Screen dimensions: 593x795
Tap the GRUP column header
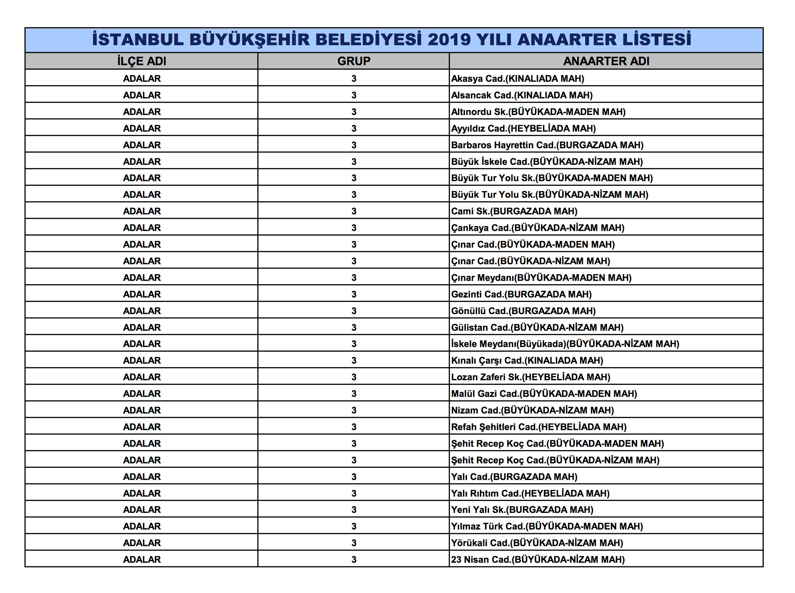354,61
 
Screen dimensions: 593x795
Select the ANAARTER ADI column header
606,61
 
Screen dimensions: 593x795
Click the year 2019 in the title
449,40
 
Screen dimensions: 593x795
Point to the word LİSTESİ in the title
656,40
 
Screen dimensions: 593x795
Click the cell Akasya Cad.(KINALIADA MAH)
517,78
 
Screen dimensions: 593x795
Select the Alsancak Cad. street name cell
522,95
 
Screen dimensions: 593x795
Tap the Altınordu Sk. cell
538,112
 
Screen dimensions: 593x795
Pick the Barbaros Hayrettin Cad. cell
547,145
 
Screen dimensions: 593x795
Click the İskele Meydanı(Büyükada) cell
565,344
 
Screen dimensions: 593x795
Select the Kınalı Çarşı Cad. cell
527,360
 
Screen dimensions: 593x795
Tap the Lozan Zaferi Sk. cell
531,377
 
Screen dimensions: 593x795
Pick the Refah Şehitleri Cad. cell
539,427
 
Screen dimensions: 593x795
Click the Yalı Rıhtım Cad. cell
530,493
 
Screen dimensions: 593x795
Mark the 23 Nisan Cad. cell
538,559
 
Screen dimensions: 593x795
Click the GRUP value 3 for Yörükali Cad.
354,543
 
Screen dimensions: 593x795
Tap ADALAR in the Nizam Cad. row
142,410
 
